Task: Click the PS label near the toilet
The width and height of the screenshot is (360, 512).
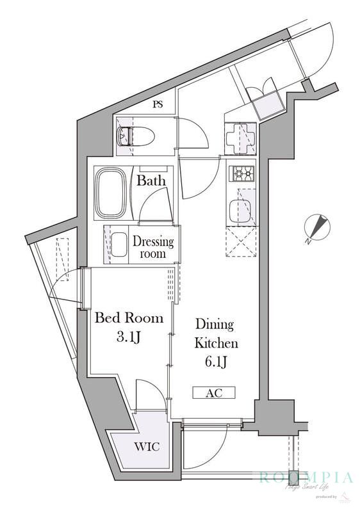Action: pos(158,105)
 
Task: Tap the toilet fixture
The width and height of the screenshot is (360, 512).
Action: pos(135,136)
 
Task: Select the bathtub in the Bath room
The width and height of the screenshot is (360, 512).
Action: pos(113,193)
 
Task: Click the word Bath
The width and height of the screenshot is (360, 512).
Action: pos(151,180)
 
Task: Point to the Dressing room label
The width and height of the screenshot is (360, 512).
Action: pos(153,247)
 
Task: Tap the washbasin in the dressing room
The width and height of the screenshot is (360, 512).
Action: pos(119,244)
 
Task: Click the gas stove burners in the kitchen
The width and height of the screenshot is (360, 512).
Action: pos(242,173)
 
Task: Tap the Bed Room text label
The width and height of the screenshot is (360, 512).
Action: pos(129,318)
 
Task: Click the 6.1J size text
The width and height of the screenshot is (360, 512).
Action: pos(215,362)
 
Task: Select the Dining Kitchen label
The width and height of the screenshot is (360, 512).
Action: pos(215,333)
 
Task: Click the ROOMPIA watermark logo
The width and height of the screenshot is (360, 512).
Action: pos(306,477)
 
